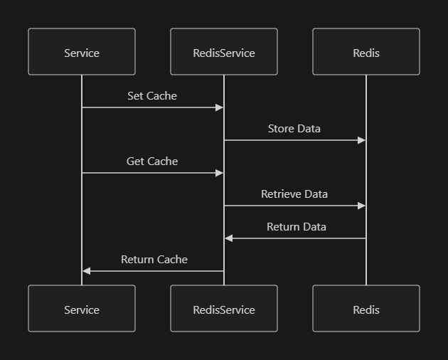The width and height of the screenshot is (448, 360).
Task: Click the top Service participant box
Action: coord(82,52)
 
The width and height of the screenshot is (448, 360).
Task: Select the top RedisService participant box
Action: coord(224,52)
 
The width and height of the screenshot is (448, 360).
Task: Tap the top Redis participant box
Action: coord(366,52)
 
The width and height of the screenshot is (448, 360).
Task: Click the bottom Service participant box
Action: coord(82,309)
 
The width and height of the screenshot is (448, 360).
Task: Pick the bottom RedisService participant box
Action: coord(224,309)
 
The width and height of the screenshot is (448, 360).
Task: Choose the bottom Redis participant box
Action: coord(366,309)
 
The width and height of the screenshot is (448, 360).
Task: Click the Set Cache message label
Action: coord(152,96)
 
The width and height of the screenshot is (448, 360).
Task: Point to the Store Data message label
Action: coord(294,129)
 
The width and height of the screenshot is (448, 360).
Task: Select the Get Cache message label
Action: coord(152,162)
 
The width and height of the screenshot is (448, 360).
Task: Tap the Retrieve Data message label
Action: coord(294,194)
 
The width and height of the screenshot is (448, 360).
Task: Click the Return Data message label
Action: coord(297,227)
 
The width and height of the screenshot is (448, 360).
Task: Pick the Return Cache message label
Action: coord(154,260)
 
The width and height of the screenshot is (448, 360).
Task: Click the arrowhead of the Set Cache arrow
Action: coord(220,107)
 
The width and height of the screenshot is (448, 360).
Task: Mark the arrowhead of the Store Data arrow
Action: coord(362,140)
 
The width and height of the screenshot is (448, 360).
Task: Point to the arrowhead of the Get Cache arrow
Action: coord(220,173)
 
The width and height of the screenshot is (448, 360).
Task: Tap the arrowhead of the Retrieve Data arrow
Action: coord(362,206)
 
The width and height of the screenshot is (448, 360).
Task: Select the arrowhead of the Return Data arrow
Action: coord(228,238)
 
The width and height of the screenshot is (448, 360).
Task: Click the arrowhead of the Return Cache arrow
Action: coord(86,271)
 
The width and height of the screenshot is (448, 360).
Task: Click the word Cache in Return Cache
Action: coord(172,260)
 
